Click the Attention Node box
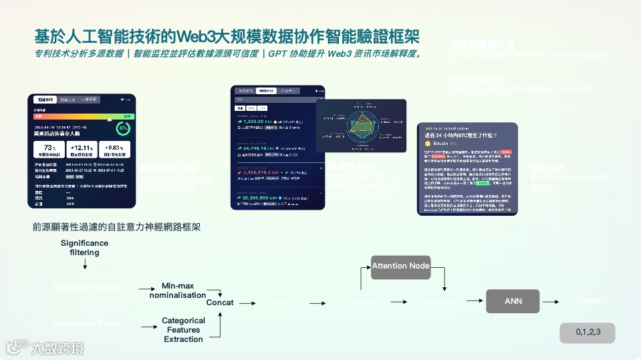coord(400,266)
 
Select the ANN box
coord(513,301)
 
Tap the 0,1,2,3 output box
coord(588,332)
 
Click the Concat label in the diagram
coord(220,303)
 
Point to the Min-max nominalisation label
coord(178,291)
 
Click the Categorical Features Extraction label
coord(183,330)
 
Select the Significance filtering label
coord(84,248)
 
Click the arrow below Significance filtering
coord(85,265)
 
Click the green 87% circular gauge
coord(123,128)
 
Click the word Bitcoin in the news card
coord(442,143)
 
